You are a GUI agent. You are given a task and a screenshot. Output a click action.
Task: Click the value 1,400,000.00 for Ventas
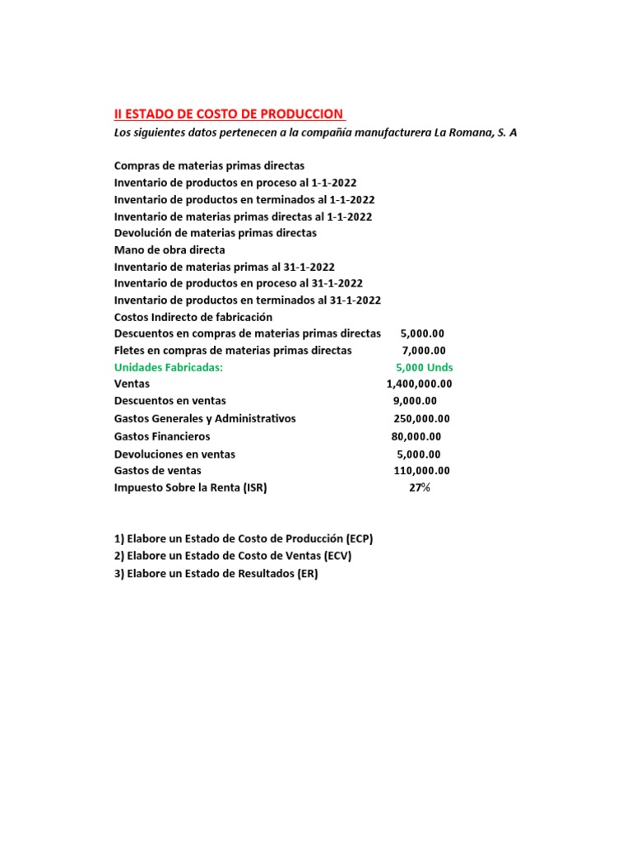(x=419, y=384)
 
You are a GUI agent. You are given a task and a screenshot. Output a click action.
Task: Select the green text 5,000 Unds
(x=424, y=367)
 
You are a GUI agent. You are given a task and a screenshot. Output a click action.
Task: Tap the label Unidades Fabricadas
(x=169, y=367)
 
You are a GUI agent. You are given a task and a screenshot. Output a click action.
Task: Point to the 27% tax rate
(x=419, y=488)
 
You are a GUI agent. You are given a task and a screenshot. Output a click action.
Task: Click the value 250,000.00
(x=421, y=419)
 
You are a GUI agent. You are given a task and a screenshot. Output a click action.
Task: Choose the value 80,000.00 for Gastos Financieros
(x=416, y=436)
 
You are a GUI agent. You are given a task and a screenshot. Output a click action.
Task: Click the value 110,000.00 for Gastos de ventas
(x=421, y=471)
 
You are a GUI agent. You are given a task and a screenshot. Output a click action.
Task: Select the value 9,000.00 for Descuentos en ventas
(x=415, y=401)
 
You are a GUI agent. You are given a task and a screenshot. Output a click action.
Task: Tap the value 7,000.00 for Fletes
(x=417, y=351)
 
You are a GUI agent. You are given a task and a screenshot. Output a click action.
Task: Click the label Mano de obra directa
(x=170, y=249)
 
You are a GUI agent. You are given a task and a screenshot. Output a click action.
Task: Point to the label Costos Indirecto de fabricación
(x=193, y=317)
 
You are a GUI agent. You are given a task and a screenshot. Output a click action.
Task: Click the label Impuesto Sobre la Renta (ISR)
(x=191, y=488)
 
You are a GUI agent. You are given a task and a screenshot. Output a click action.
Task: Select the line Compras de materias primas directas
(x=209, y=165)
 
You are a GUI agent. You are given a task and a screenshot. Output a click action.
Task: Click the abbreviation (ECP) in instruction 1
(x=355, y=539)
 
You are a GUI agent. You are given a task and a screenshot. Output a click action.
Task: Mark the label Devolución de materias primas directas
(x=215, y=233)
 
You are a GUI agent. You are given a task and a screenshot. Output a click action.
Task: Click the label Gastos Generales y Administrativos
(x=205, y=419)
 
